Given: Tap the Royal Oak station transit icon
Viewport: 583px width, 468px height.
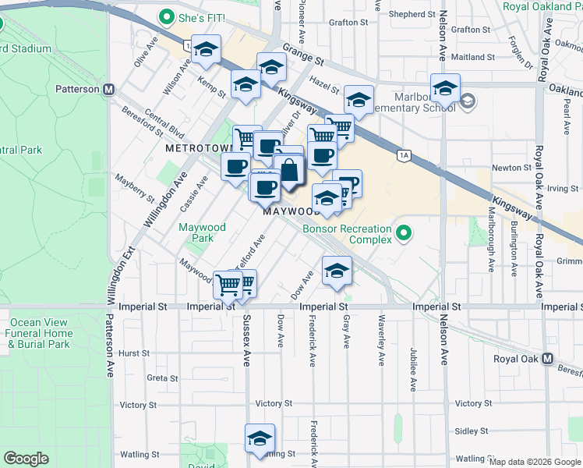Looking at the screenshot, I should [x=547, y=359].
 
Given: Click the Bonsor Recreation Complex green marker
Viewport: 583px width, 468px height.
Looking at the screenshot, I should [x=404, y=232].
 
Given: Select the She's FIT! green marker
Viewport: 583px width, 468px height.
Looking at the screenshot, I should [x=165, y=16].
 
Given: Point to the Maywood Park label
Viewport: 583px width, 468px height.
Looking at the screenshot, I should [x=202, y=232].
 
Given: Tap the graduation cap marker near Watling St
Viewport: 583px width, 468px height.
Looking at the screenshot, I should [x=260, y=438].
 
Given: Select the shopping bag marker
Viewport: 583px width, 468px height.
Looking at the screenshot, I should [x=288, y=170].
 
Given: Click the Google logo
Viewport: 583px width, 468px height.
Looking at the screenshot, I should [x=26, y=459].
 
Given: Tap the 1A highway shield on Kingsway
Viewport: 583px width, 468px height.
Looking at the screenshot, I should [x=403, y=156].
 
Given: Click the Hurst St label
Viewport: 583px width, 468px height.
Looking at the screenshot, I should [x=134, y=353].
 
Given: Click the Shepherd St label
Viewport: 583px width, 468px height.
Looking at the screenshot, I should [x=407, y=14].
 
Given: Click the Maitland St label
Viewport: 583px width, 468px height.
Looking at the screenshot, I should [x=473, y=57].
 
